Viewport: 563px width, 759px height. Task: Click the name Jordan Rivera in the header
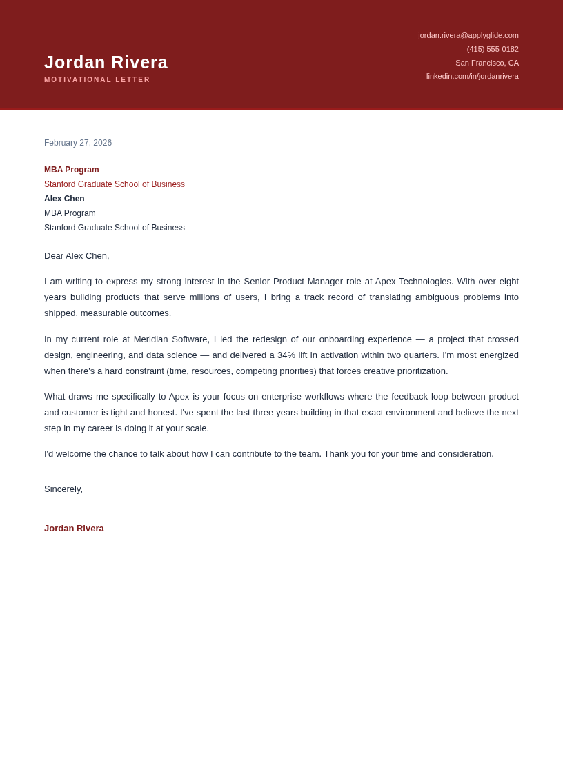point(106,62)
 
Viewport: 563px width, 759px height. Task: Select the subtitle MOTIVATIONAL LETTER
point(97,80)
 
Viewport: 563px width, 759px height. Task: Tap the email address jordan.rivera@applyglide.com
point(468,35)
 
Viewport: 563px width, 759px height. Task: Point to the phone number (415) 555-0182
point(493,49)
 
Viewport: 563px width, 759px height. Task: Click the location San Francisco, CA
point(486,63)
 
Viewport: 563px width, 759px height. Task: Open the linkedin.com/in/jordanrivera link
point(472,76)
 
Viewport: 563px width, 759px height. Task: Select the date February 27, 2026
point(78,143)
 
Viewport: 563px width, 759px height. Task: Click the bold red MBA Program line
point(72,170)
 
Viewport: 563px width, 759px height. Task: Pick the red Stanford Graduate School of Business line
point(115,184)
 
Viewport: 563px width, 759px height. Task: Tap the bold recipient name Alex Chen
point(64,199)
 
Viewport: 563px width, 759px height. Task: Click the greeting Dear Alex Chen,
point(77,256)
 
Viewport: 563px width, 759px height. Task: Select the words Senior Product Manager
point(293,282)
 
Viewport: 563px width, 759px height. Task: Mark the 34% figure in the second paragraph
point(286,355)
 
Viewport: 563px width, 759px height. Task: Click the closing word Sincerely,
point(63,489)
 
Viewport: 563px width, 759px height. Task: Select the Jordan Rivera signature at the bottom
point(74,529)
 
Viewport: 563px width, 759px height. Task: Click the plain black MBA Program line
point(70,213)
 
